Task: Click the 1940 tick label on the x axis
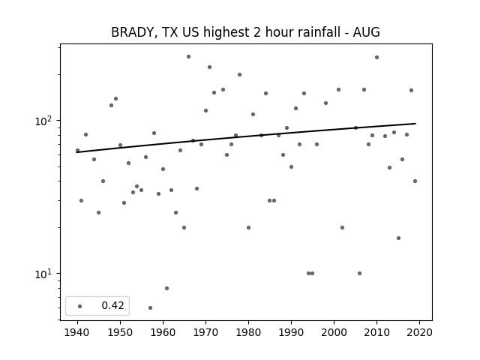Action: coord(77,332)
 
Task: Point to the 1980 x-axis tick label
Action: coord(248,332)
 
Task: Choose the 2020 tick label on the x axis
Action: coord(419,332)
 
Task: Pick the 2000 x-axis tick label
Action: coord(334,332)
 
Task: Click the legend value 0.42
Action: coord(113,305)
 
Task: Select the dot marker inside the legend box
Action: coord(80,306)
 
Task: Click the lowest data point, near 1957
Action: coord(150,307)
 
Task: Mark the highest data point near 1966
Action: coord(188,57)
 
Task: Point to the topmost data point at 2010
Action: coord(376,57)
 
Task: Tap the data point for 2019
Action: coord(415,181)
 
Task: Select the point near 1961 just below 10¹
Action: coord(166,288)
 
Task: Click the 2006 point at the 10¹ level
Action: coord(359,273)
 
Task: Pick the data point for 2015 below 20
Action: coord(398,238)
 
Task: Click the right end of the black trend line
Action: coord(415,123)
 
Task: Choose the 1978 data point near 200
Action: coord(240,75)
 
